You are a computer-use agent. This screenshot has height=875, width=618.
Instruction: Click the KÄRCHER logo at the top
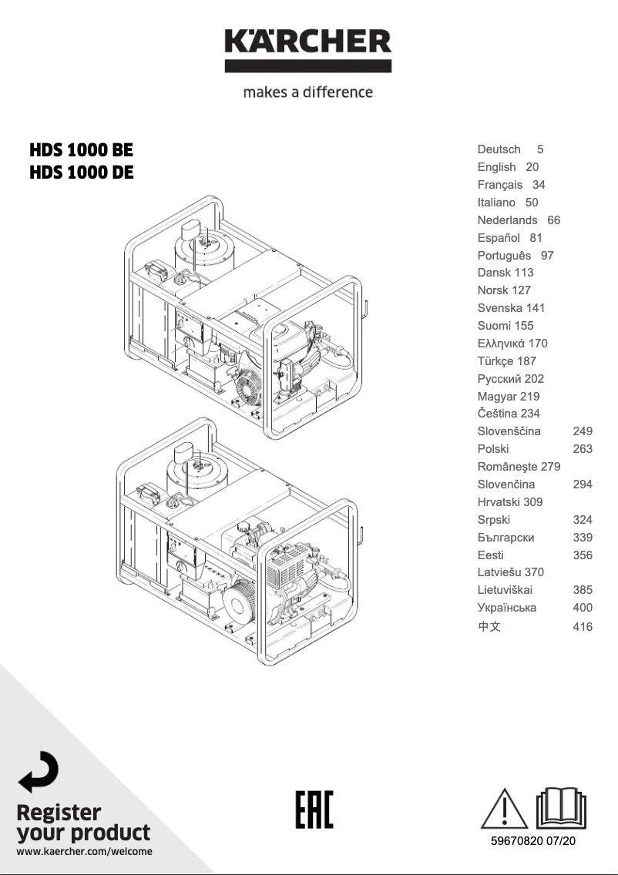[308, 48]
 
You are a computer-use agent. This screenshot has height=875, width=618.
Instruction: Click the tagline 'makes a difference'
[308, 92]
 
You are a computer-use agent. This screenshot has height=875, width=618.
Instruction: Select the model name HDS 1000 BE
[81, 149]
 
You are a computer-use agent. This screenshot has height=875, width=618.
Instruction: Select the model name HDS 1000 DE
[81, 173]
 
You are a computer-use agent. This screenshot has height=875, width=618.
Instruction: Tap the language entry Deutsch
[499, 149]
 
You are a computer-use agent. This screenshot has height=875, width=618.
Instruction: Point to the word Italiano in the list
[496, 203]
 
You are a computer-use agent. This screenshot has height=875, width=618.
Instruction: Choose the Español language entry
[499, 238]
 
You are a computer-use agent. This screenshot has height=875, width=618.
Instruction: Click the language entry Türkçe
[495, 361]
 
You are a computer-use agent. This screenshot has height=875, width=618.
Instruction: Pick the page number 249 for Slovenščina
[583, 431]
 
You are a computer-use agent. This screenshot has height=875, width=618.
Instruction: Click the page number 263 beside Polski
[583, 449]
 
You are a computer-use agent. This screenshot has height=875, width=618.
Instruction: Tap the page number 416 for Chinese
[583, 627]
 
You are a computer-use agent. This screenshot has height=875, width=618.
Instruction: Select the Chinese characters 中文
[489, 627]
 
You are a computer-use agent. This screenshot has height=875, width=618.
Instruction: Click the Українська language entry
[507, 608]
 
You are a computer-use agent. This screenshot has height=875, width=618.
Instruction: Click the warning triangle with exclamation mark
[505, 808]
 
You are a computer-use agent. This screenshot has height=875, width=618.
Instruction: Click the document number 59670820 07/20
[533, 841]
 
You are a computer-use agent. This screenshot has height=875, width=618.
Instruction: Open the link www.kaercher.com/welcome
[84, 852]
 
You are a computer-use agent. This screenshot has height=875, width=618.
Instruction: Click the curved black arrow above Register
[39, 772]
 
